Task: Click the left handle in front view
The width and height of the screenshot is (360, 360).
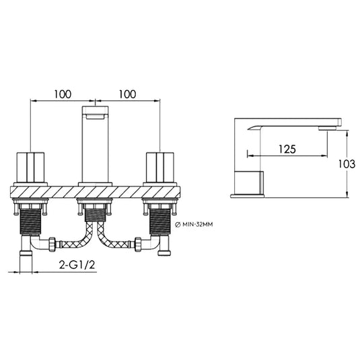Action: tap(30, 168)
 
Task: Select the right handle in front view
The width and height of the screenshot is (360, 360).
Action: tap(160, 168)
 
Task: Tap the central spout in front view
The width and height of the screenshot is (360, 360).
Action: tap(95, 145)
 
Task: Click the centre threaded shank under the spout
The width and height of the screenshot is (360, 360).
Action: tap(95, 213)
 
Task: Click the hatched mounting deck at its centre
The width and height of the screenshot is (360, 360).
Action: tap(95, 192)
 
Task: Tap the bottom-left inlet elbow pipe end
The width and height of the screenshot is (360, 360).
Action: tap(26, 254)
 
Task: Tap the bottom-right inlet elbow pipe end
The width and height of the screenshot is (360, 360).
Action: tap(164, 252)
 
